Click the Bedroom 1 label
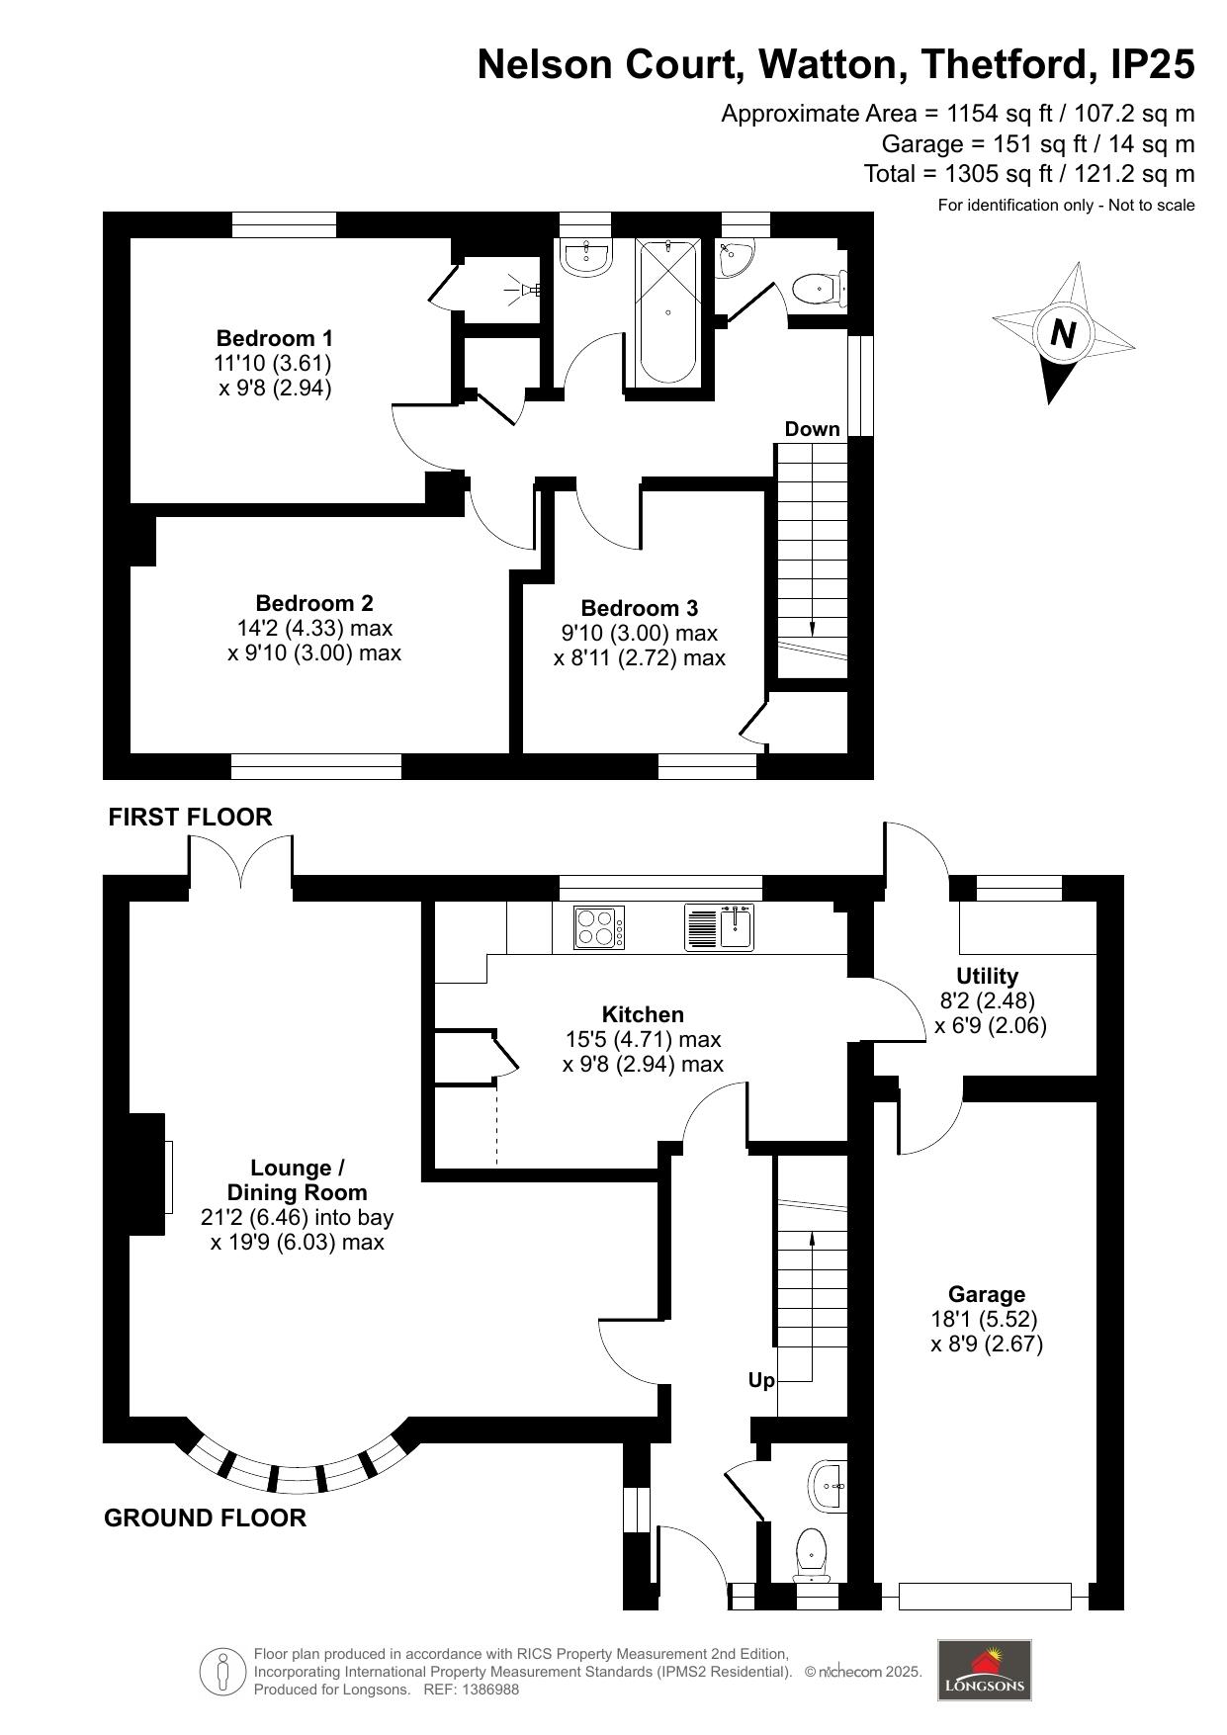click(x=275, y=337)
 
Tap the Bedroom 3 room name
click(x=639, y=608)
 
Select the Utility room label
click(x=987, y=976)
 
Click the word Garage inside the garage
click(x=986, y=1294)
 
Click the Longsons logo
click(x=984, y=1670)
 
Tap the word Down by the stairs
click(x=812, y=429)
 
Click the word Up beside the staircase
click(x=760, y=1380)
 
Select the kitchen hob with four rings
click(x=599, y=928)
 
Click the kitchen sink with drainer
click(x=719, y=928)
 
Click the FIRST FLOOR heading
click(x=190, y=817)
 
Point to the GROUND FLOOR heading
click(x=205, y=1518)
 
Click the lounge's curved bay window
click(x=296, y=1470)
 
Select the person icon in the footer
click(x=222, y=1672)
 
